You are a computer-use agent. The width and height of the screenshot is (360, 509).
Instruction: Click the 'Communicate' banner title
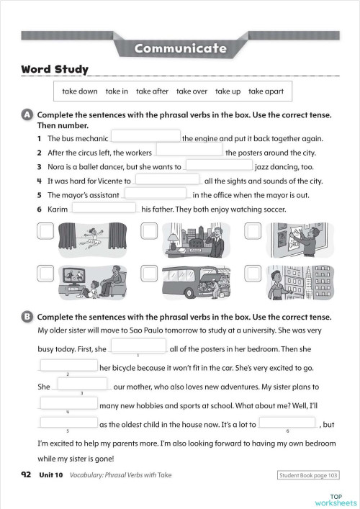click(180, 49)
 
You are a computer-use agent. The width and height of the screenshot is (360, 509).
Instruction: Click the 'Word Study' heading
click(55, 69)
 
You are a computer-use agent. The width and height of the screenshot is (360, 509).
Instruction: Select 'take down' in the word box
click(79, 91)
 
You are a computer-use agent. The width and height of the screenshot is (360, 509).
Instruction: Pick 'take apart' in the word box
click(266, 91)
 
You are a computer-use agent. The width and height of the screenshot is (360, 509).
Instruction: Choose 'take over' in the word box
click(192, 91)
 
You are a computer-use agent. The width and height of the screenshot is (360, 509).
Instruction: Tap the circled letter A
click(27, 115)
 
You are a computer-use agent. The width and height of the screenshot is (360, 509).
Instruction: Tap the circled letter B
click(27, 317)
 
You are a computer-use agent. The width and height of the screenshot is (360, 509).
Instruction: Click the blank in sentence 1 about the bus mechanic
click(145, 137)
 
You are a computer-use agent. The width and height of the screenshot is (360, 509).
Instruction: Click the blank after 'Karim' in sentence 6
click(104, 208)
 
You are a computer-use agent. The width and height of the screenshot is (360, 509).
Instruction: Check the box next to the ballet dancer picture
click(45, 231)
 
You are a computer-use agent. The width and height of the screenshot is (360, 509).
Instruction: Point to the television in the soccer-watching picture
click(77, 275)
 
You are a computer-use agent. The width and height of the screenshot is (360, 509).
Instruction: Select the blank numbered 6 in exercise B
click(287, 423)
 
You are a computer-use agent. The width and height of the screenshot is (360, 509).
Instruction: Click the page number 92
click(26, 474)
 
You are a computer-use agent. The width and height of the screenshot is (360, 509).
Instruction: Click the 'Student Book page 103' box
click(308, 475)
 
